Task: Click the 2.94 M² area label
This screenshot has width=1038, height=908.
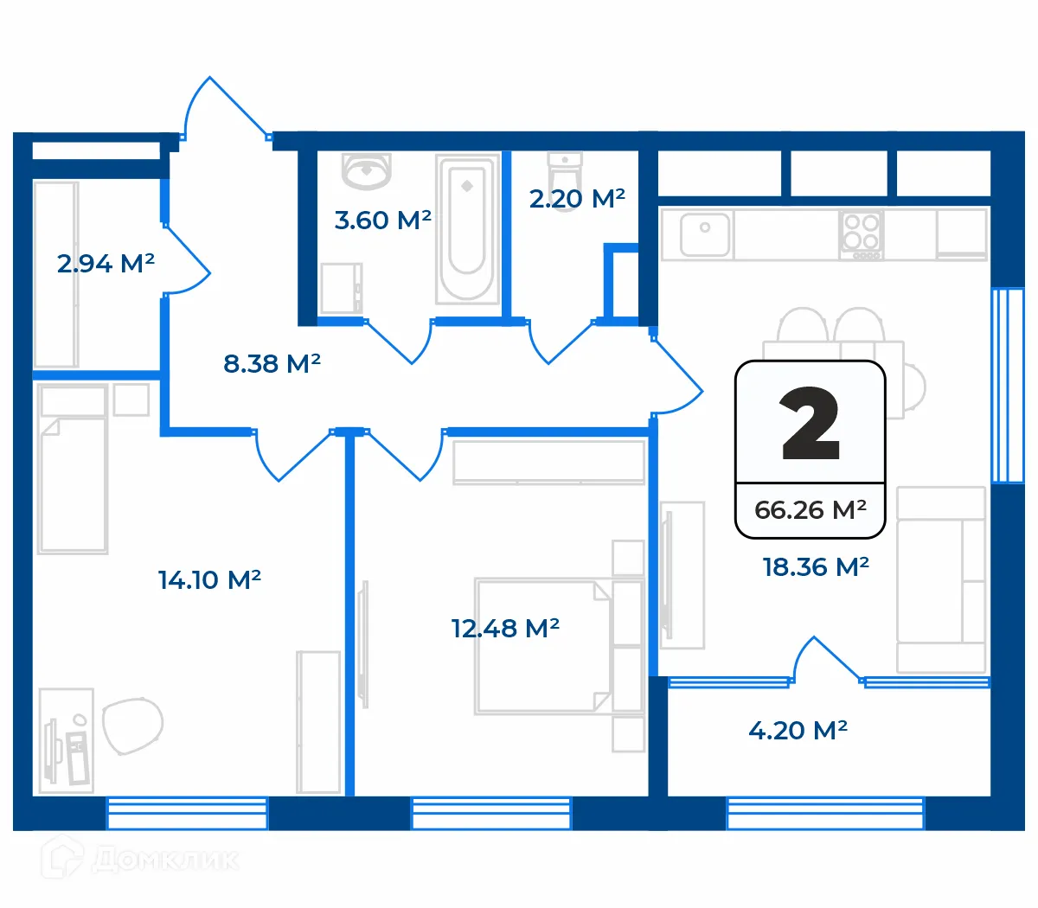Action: click(x=106, y=263)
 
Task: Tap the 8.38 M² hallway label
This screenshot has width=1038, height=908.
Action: click(x=272, y=363)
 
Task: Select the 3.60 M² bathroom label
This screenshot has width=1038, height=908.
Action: click(x=382, y=220)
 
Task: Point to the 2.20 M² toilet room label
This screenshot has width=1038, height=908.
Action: click(x=577, y=198)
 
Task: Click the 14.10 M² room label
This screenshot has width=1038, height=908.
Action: click(x=209, y=579)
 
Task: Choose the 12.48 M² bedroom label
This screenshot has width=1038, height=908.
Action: click(x=505, y=628)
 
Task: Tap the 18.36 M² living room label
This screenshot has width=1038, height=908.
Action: click(x=815, y=566)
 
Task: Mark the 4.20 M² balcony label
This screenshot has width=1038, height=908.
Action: click(x=798, y=730)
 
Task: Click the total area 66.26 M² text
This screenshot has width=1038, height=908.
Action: click(x=810, y=509)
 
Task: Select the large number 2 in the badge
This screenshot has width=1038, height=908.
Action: click(x=810, y=424)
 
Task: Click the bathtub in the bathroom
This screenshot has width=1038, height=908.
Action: click(x=467, y=228)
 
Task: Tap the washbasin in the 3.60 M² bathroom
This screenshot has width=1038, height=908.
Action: click(x=367, y=170)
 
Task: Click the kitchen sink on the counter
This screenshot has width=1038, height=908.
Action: click(x=705, y=233)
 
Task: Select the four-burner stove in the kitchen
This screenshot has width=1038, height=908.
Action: click(x=861, y=234)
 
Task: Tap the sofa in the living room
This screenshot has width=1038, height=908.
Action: click(x=941, y=579)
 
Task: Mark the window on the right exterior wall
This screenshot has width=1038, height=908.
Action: click(x=1007, y=385)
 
